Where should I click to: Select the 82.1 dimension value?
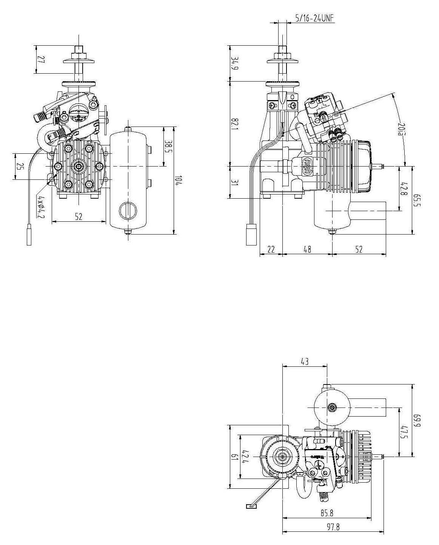[x=235, y=124]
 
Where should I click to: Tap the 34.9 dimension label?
[x=235, y=63]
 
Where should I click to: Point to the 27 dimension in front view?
[x=41, y=60]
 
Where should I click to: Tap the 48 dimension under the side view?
[x=307, y=249]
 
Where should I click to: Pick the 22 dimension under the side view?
[x=271, y=249]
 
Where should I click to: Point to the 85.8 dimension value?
[x=327, y=513]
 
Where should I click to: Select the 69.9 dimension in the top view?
[x=416, y=420]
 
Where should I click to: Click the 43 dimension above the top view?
[x=305, y=361]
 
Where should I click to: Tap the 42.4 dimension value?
[x=245, y=456]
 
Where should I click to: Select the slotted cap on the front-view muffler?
[x=127, y=211]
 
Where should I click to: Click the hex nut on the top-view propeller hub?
[x=282, y=457]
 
